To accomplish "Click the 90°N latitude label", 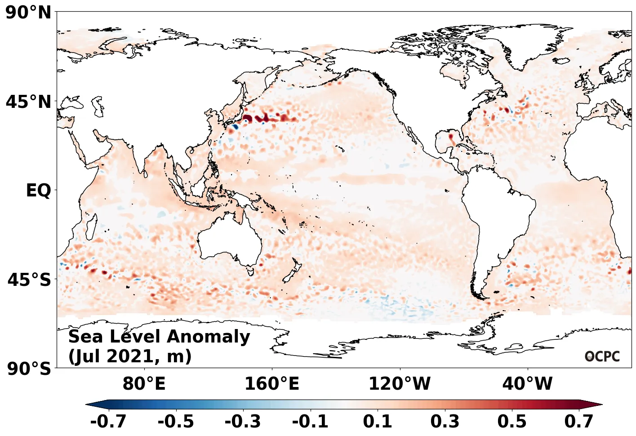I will click(x=29, y=13).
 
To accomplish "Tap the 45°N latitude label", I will click(x=29, y=102).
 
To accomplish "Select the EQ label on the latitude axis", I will click(x=39, y=191).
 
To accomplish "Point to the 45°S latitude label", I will click(x=29, y=280).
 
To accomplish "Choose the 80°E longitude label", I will click(x=144, y=384).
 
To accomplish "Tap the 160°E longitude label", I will click(x=271, y=384).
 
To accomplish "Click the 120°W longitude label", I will click(x=400, y=384).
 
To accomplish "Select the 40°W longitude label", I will click(x=527, y=384).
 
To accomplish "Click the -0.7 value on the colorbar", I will click(x=108, y=422).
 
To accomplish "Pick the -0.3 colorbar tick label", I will click(x=243, y=422).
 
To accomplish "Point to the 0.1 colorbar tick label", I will click(x=378, y=422).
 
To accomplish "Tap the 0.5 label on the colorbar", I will click(x=512, y=422).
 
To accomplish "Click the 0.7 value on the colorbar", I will click(x=579, y=422).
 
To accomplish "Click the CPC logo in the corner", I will click(x=602, y=356).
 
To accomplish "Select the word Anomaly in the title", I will click(x=209, y=337).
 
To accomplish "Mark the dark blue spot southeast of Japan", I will click(x=235, y=127).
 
